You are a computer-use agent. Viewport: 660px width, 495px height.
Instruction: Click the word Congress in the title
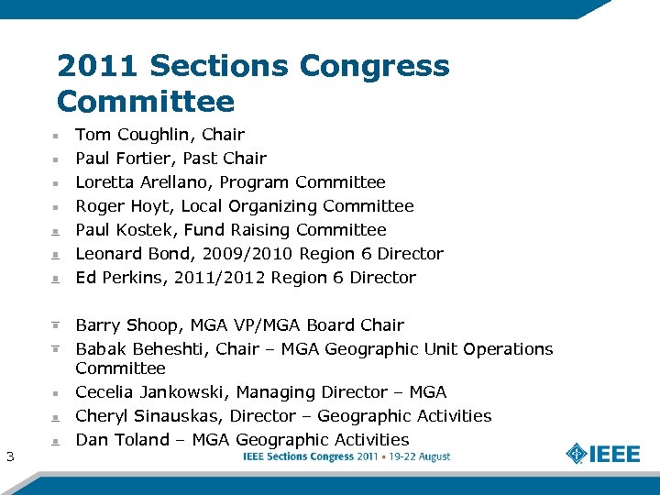point(374,66)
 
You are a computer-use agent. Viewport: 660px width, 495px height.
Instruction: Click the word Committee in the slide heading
point(146,101)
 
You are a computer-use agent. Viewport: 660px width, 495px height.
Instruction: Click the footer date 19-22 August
point(417,456)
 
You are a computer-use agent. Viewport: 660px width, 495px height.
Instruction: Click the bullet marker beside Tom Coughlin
point(56,136)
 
